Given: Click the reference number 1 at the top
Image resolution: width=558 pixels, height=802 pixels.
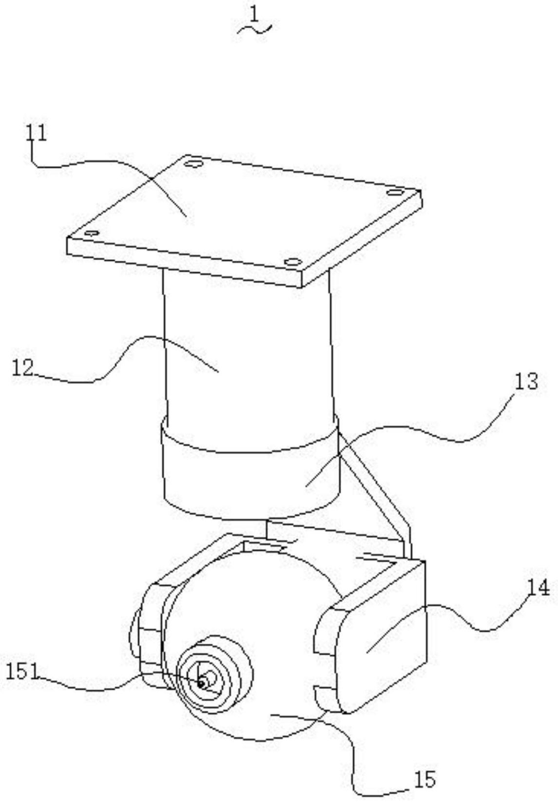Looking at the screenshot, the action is tap(254, 15).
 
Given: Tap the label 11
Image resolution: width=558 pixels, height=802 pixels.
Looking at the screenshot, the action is tap(38, 133).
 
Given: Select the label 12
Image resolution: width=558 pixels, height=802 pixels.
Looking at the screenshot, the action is tap(22, 368).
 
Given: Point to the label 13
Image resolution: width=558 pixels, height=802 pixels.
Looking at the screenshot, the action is tap(526, 382).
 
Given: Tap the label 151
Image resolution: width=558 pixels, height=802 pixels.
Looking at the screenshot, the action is tap(21, 672).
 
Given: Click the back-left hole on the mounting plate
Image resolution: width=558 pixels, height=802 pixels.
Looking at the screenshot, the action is tap(193, 164).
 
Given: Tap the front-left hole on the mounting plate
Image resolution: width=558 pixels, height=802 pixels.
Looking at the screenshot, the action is tap(91, 233).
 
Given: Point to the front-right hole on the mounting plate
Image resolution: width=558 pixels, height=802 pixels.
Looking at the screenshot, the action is tap(292, 262).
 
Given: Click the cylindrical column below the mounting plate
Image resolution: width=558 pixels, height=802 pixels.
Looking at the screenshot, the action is tap(249, 351).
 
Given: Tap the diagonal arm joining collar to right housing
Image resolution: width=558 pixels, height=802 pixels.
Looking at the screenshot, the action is tap(378, 492).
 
